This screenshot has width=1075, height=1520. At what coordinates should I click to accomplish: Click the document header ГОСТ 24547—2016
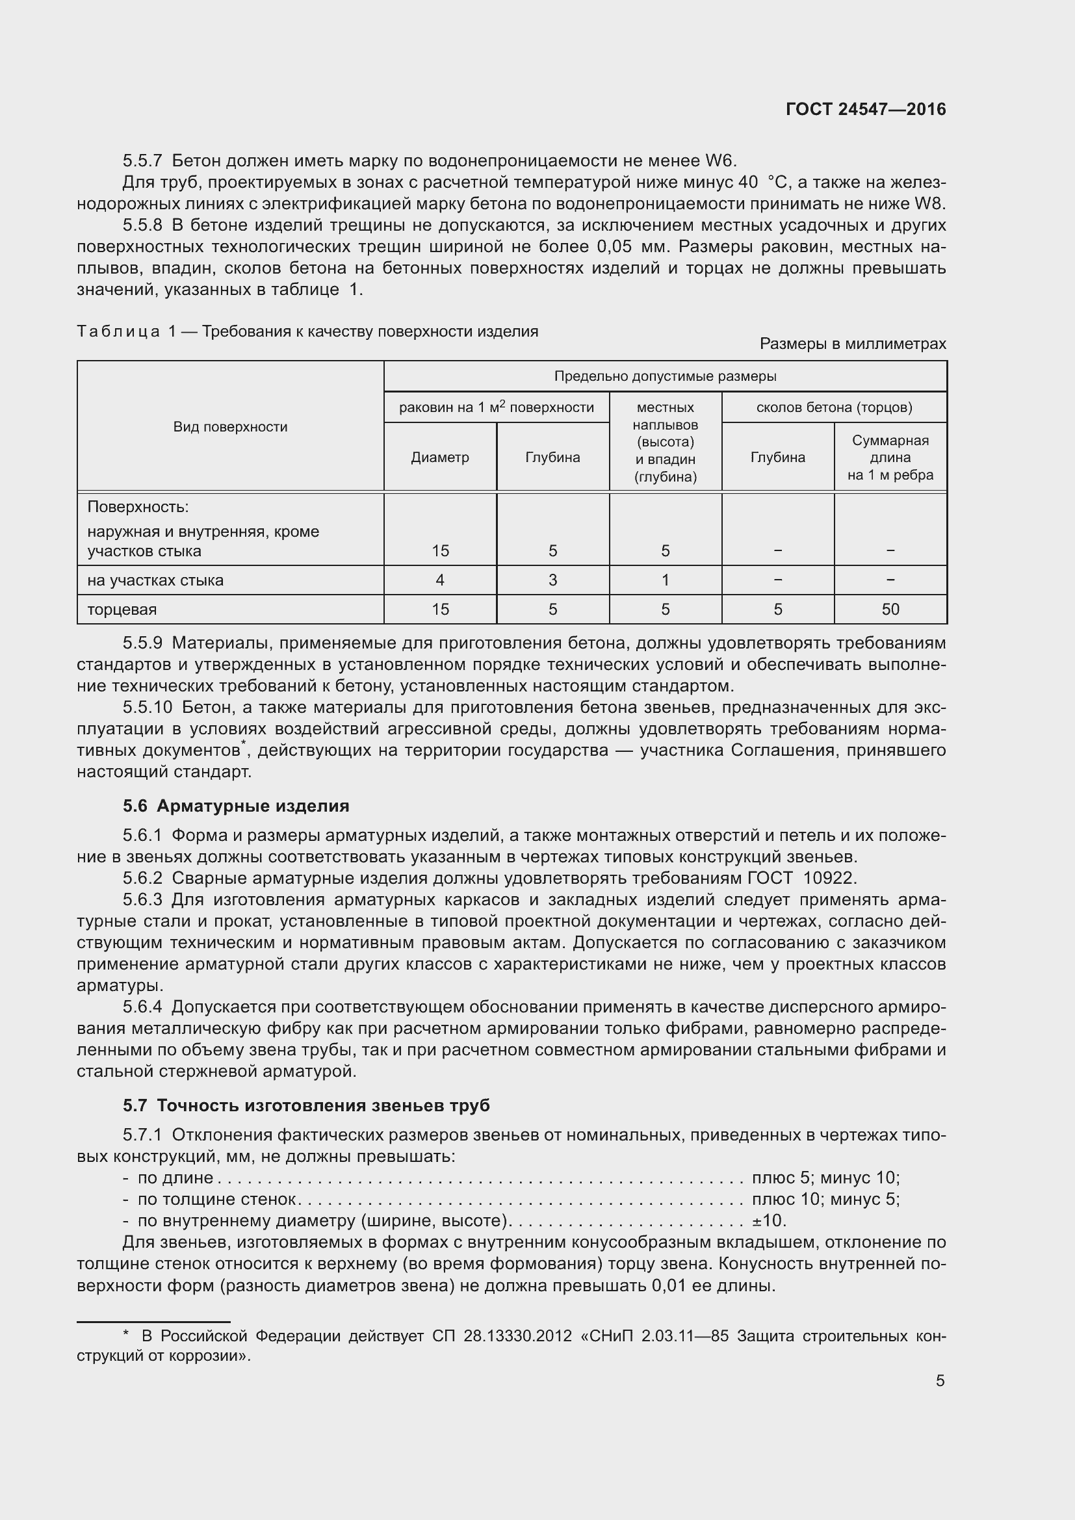click(866, 109)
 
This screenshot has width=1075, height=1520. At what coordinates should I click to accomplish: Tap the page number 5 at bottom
click(940, 1380)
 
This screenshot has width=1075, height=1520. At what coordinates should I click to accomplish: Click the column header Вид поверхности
click(230, 427)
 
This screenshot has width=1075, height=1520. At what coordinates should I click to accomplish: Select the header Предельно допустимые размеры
click(666, 377)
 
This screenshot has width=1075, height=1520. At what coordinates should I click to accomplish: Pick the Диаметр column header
click(440, 457)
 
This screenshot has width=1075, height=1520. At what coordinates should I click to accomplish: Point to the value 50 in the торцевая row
click(890, 610)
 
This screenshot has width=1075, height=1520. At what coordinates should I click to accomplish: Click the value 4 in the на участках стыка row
click(440, 580)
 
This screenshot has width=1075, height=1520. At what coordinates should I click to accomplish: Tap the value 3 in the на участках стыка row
click(552, 580)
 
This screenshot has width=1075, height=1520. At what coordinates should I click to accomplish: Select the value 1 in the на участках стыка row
click(666, 580)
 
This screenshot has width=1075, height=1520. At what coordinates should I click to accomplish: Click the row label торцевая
click(122, 610)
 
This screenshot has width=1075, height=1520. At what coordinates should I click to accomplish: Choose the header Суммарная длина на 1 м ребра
click(890, 457)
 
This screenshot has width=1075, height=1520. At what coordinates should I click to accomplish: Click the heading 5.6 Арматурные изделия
click(236, 806)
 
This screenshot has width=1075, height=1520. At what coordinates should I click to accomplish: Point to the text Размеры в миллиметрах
click(853, 344)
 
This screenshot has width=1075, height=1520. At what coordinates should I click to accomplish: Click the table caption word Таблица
click(118, 331)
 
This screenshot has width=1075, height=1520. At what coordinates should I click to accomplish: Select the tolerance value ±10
click(768, 1220)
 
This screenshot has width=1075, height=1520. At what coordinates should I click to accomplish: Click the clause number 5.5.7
click(142, 161)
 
